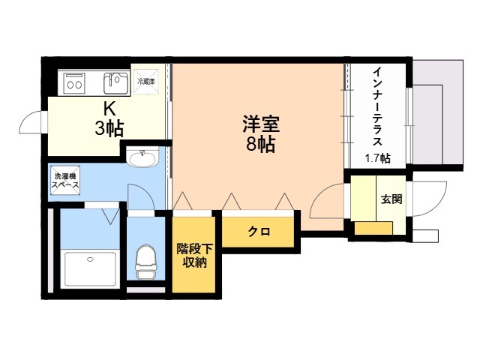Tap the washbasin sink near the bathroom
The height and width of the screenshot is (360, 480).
click(x=142, y=157)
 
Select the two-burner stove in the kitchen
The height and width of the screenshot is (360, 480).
click(x=74, y=81)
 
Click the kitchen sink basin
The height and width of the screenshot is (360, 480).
click(x=115, y=79)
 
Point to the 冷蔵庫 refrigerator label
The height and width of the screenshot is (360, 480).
click(x=145, y=80)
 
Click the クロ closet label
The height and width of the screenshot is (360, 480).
click(x=259, y=232)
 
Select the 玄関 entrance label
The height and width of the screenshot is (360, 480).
click(x=391, y=200)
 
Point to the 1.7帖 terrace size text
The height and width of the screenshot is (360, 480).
click(x=377, y=157)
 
